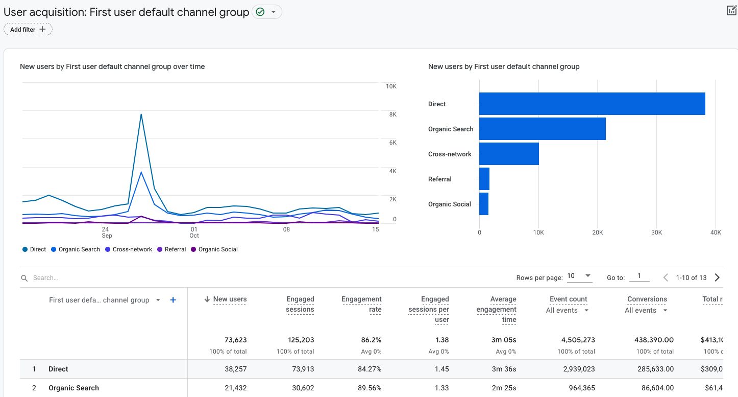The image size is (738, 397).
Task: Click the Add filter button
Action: [28, 30]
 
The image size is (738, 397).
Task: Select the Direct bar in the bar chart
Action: [592, 104]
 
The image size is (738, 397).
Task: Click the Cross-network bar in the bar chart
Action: [509, 154]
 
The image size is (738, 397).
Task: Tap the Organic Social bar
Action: [484, 204]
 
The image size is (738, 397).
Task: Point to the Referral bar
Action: [484, 179]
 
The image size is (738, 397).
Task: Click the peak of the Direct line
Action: [141, 114]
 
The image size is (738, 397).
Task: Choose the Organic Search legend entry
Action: [79, 249]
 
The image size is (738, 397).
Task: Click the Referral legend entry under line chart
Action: [175, 249]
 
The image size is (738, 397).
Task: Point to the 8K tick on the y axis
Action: [392, 114]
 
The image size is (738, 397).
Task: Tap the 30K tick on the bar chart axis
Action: [656, 232]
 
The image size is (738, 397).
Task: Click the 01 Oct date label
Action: [194, 232]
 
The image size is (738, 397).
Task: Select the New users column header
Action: [230, 299]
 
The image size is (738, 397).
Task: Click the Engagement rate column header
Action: [361, 304]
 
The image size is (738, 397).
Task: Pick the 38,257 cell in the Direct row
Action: [235, 369]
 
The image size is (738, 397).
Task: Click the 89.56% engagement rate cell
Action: [368, 388]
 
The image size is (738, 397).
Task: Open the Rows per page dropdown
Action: [579, 276]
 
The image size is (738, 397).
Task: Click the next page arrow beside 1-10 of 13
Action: [717, 277]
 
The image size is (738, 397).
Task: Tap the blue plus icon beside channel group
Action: [173, 300]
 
